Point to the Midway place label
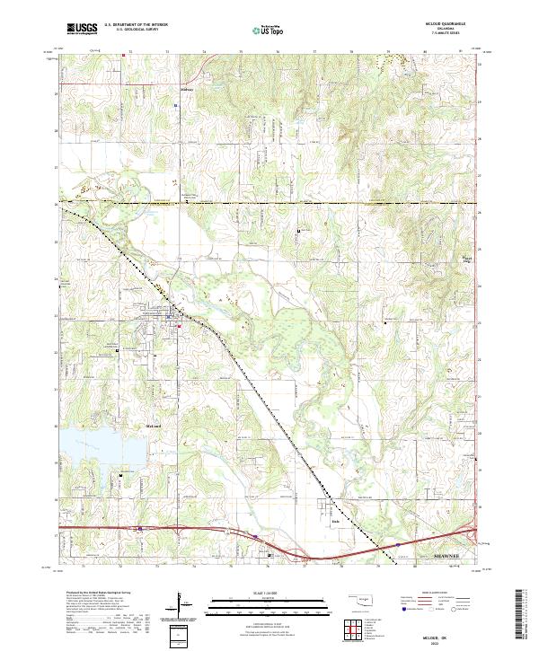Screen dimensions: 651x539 [x=187, y=89]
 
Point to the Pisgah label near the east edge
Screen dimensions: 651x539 [x=465, y=256]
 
